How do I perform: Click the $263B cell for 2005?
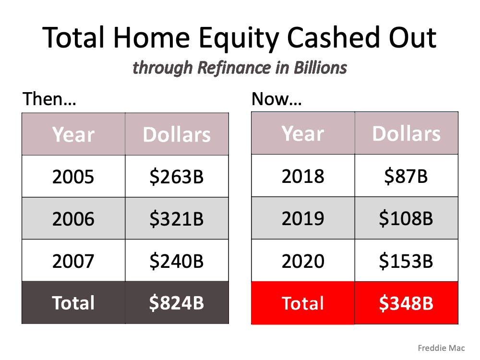(177, 176)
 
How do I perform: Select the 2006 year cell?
(73, 218)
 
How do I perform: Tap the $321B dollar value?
(177, 218)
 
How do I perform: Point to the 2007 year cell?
(73, 261)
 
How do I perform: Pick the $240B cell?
(177, 261)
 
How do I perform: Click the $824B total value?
(177, 303)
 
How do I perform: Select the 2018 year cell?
(303, 176)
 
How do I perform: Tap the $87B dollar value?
(406, 176)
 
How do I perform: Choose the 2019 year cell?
(303, 218)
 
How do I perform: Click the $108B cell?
(406, 218)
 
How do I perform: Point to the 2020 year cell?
(303, 261)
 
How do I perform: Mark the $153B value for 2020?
(406, 261)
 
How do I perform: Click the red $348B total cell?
(406, 303)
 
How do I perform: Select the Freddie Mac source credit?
(441, 348)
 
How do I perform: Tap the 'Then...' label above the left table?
(49, 99)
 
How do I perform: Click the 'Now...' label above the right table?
(276, 99)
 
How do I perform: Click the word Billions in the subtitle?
(320, 67)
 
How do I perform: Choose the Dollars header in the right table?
(406, 133)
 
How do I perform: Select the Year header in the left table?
(73, 134)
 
